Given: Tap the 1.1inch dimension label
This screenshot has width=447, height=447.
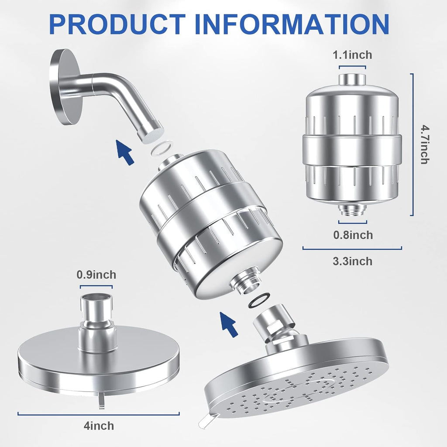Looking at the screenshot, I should point(352,55).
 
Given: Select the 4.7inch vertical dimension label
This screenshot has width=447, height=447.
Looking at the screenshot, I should point(424,144).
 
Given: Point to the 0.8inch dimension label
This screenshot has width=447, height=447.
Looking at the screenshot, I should point(353,235).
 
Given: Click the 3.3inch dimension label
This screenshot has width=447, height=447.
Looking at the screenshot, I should point(352,261).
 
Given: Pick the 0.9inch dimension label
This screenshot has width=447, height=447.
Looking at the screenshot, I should point(96,275).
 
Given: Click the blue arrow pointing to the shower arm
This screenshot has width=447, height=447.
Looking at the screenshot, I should point(125,151).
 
